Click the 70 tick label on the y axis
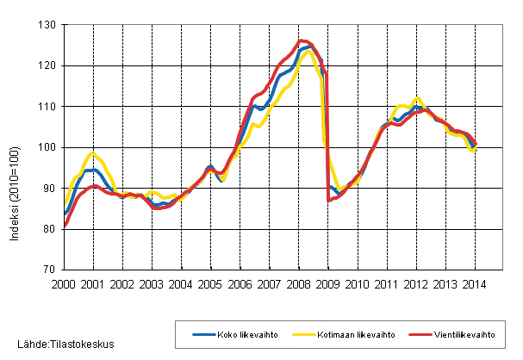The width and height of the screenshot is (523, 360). point(49,270)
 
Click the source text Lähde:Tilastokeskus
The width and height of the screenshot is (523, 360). point(59,344)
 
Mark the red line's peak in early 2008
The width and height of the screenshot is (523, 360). point(302,40)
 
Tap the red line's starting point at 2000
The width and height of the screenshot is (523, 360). point(65,226)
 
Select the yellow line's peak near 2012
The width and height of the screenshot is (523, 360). point(417,99)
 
